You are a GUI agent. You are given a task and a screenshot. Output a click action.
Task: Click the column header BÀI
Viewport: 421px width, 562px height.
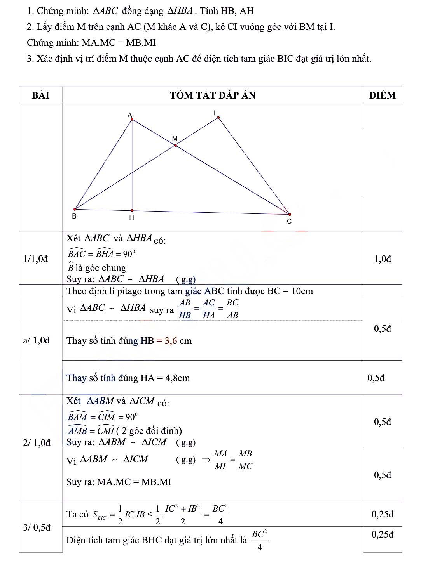[40, 95]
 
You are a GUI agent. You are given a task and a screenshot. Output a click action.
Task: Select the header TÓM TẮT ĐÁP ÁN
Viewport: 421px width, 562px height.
[213, 95]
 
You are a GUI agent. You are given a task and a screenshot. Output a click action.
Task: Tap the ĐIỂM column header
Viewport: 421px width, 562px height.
[383, 95]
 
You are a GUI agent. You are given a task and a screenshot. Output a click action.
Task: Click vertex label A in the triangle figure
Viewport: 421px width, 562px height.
[130, 114]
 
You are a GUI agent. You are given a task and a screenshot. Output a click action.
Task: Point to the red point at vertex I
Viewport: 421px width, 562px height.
[218, 118]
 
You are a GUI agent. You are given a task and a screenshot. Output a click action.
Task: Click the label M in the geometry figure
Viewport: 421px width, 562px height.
[175, 139]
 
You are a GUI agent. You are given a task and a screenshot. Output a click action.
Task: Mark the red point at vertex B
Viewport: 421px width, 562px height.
[75, 209]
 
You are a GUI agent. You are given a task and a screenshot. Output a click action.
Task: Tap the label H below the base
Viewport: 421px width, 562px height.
[131, 218]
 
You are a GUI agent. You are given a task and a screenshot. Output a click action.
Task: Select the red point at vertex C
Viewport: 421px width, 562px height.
[290, 214]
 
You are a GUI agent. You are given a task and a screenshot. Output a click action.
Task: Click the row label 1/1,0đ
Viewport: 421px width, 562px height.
[36, 258]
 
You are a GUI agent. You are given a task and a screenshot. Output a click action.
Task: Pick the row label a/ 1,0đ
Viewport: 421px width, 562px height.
[37, 341]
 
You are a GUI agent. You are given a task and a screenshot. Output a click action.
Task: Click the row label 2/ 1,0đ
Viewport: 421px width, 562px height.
[37, 443]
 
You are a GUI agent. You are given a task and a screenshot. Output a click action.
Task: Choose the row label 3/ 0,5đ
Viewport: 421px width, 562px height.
[37, 527]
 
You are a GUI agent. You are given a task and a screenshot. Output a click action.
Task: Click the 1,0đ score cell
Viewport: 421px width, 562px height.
[383, 259]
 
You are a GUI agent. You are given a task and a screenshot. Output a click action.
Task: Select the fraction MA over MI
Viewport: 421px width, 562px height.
[220, 460]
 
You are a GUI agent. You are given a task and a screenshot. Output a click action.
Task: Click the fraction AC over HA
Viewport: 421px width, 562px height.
[209, 309]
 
